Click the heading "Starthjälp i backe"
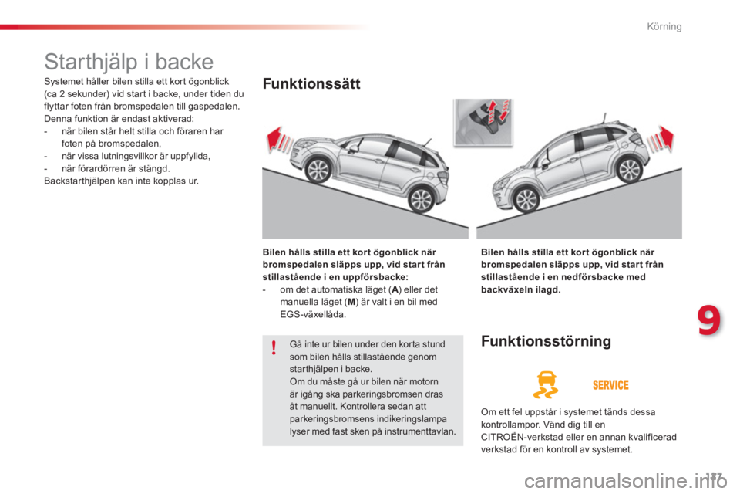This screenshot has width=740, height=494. (x=129, y=61)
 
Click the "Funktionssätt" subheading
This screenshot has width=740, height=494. (x=311, y=84)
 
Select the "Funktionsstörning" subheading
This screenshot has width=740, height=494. (x=546, y=340)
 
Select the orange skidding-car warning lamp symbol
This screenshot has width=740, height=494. (x=547, y=384)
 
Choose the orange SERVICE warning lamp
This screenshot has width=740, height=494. (x=610, y=384)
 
